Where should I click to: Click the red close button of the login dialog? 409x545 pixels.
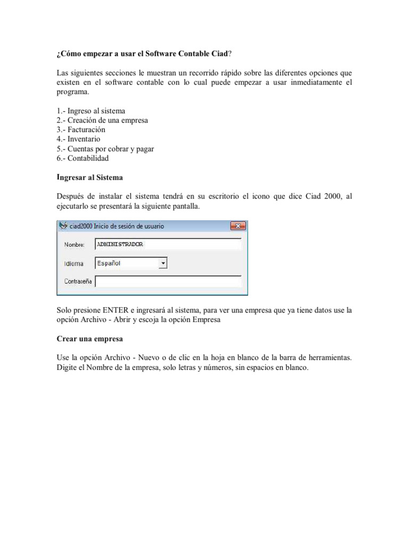click(x=238, y=226)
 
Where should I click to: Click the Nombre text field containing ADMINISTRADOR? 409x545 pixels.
click(x=168, y=244)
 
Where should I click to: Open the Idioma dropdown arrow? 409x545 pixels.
click(x=163, y=263)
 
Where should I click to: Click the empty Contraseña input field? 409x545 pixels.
click(x=168, y=281)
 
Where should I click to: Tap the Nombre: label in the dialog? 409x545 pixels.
click(x=75, y=245)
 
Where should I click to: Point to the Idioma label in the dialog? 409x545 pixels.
click(x=73, y=263)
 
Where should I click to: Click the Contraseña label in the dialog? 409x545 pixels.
click(x=78, y=281)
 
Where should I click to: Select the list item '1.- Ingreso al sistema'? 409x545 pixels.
click(x=91, y=111)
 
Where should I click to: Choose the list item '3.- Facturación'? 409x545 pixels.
click(x=81, y=130)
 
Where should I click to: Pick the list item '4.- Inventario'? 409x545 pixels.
click(x=78, y=139)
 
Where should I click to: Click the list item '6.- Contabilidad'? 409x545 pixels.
click(x=83, y=159)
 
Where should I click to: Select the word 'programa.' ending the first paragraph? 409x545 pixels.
click(x=72, y=91)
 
